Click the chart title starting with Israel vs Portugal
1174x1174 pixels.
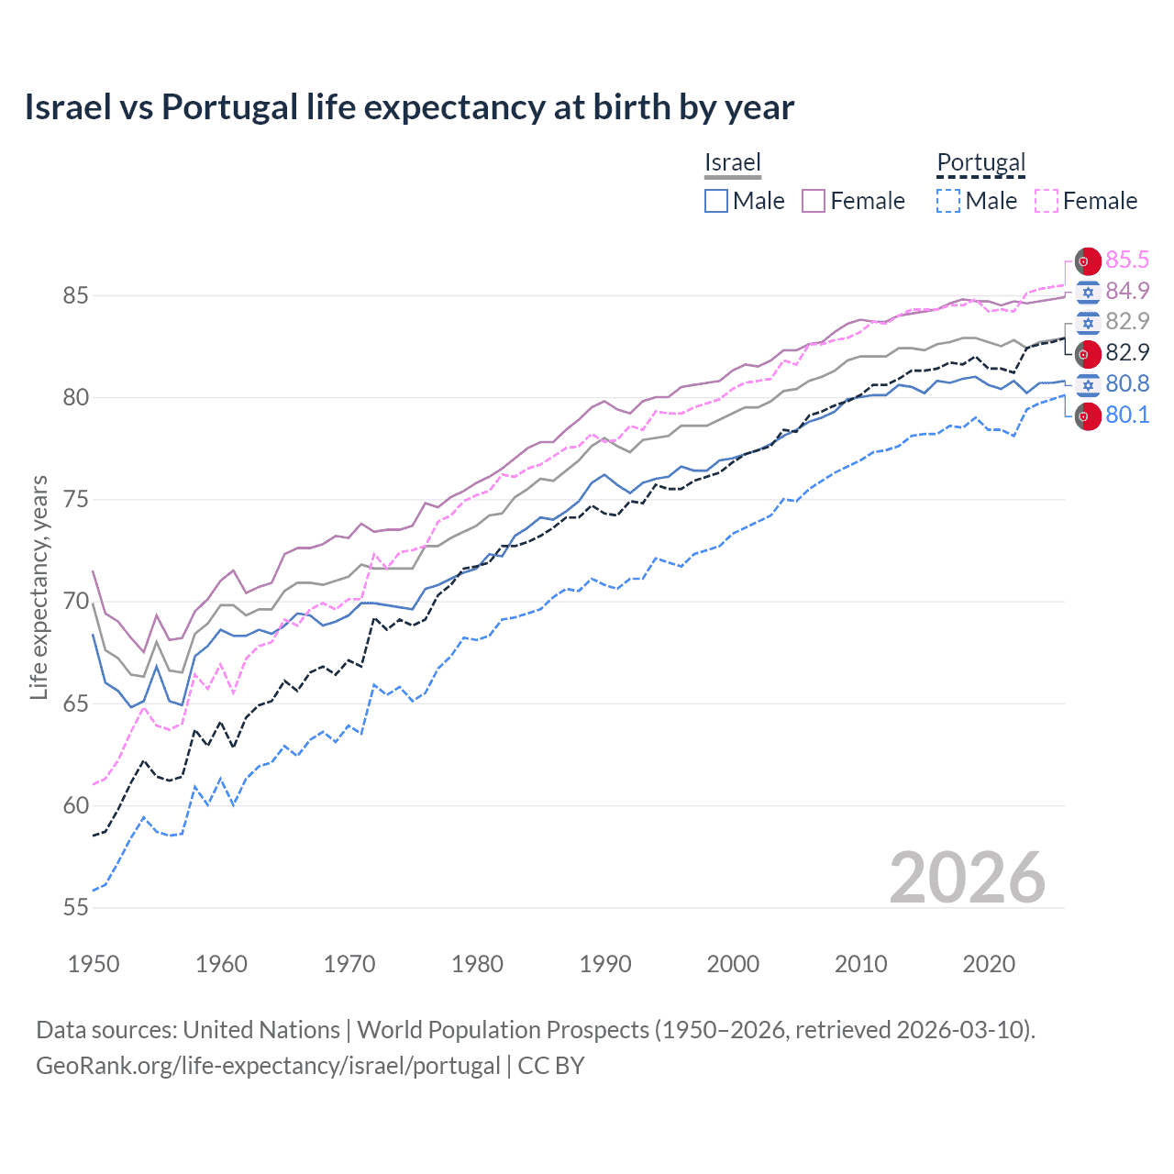pyautogui.click(x=409, y=107)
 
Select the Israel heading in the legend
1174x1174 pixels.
pyautogui.click(x=732, y=162)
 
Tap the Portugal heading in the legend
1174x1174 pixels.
pyautogui.click(x=980, y=162)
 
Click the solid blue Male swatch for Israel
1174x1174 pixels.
pyautogui.click(x=716, y=201)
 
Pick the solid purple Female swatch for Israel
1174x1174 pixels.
pyautogui.click(x=814, y=201)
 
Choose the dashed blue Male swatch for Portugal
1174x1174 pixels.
pyautogui.click(x=948, y=201)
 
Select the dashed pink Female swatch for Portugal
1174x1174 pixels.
pyautogui.click(x=1046, y=201)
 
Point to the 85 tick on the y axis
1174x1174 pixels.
pyautogui.click(x=75, y=295)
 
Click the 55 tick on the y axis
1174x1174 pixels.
pyautogui.click(x=75, y=907)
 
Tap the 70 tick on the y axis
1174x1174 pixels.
pyautogui.click(x=75, y=602)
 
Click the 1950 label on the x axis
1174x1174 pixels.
pyautogui.click(x=94, y=964)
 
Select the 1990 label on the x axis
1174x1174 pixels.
pyautogui.click(x=604, y=964)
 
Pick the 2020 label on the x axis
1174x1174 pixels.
pyautogui.click(x=988, y=964)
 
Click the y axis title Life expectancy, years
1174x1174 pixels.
pyautogui.click(x=39, y=587)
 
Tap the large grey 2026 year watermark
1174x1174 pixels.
pyautogui.click(x=967, y=878)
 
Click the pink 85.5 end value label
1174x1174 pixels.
pyautogui.click(x=1126, y=260)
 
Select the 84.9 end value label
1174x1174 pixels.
pyautogui.click(x=1126, y=291)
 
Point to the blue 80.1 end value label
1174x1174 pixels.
pyautogui.click(x=1126, y=415)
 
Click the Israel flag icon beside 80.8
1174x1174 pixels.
pyautogui.click(x=1088, y=384)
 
